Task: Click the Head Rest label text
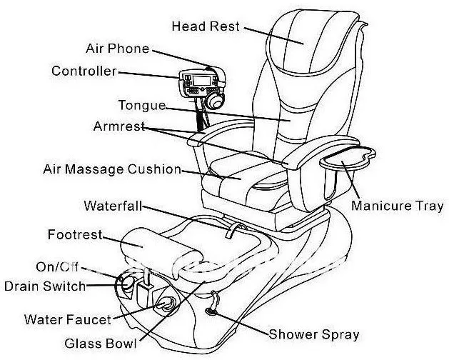click(205, 27)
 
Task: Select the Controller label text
click(84, 71)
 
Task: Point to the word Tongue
click(141, 106)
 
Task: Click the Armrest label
click(118, 126)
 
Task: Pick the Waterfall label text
click(112, 206)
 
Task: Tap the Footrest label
click(75, 234)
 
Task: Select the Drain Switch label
click(44, 286)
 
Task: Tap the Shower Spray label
click(313, 334)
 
